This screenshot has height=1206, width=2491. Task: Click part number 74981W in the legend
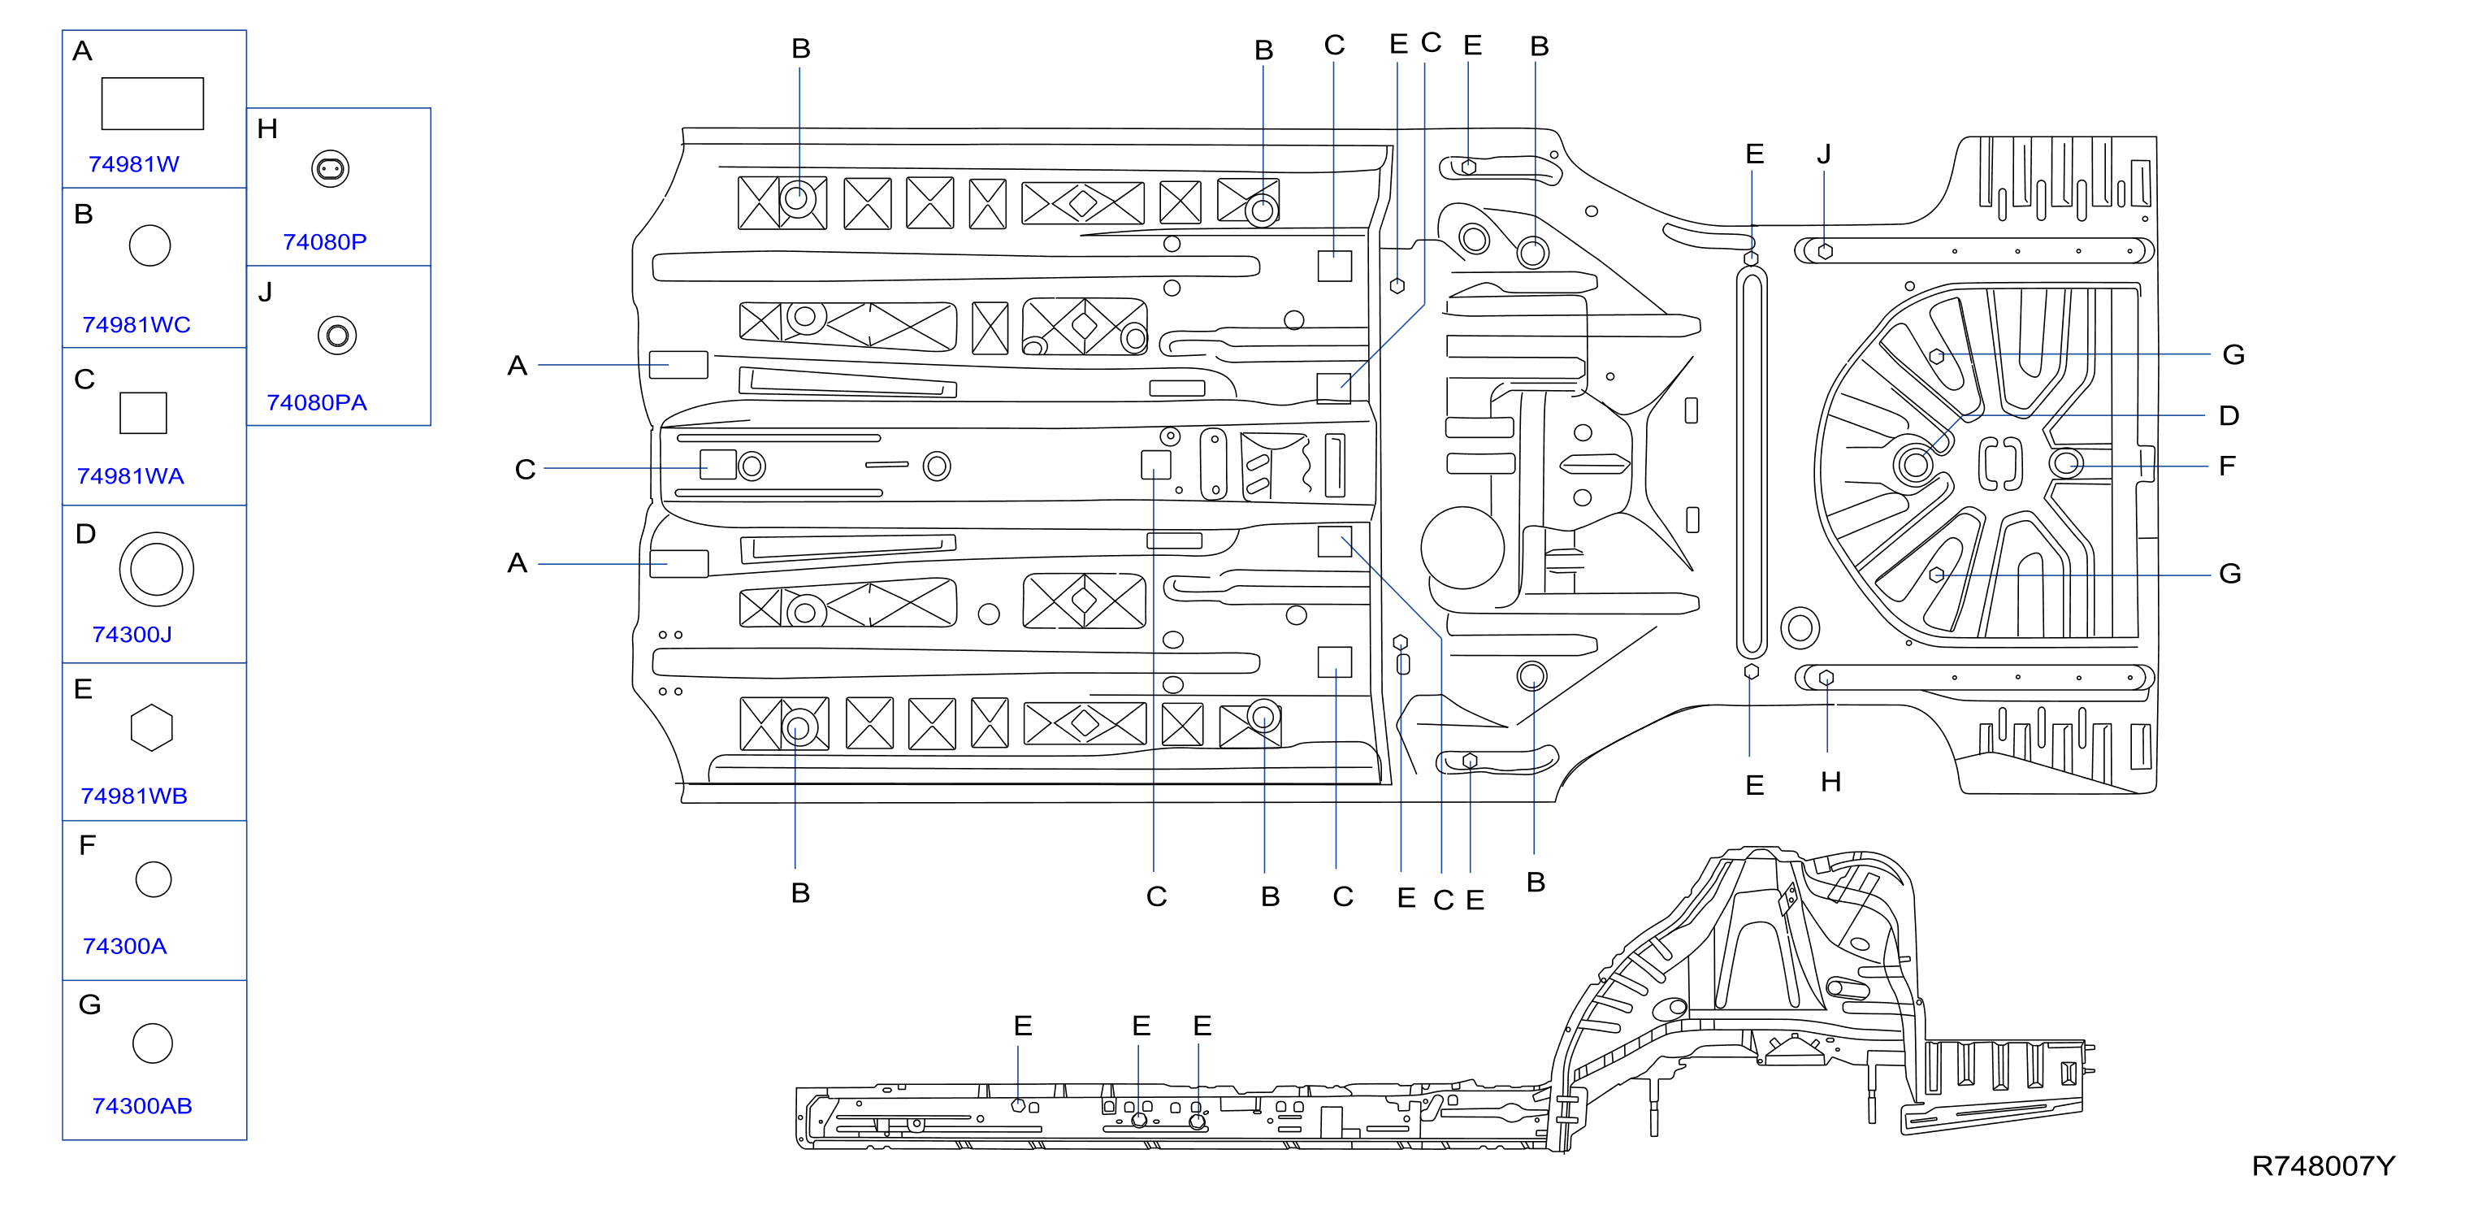pos(133,164)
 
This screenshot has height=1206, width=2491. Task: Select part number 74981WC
pos(136,325)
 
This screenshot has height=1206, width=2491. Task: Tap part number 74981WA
pos(131,476)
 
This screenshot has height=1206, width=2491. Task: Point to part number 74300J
pos(132,635)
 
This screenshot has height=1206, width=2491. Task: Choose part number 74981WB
pos(133,796)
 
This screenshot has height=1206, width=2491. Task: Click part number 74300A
pos(125,946)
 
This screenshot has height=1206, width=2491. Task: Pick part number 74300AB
pos(142,1105)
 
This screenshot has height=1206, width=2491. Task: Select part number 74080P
pos(325,242)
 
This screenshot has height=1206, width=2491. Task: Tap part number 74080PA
pos(317,402)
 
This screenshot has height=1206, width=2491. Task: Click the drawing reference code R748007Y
pos(2324,1166)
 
